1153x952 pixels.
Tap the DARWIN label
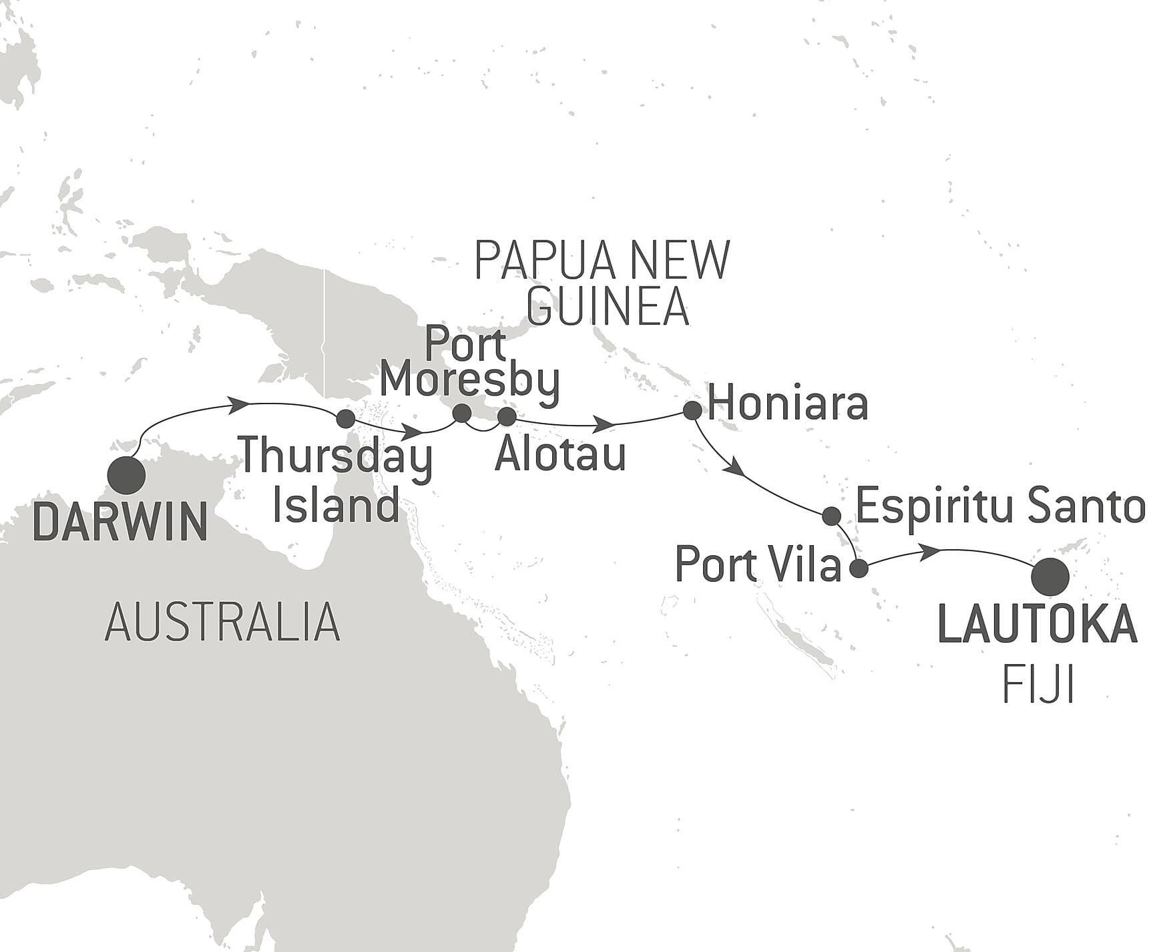(120, 523)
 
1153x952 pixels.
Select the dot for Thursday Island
(345, 419)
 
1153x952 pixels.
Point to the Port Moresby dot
(461, 414)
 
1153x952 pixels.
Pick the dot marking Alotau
(507, 417)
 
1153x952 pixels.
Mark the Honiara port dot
(692, 410)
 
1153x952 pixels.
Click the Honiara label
(788, 404)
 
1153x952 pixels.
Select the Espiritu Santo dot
(831, 516)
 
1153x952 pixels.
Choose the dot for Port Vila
(859, 569)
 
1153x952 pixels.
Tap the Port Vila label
(758, 565)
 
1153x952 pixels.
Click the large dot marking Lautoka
(1050, 577)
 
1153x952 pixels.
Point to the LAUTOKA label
(1037, 625)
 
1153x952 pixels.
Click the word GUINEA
(608, 307)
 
